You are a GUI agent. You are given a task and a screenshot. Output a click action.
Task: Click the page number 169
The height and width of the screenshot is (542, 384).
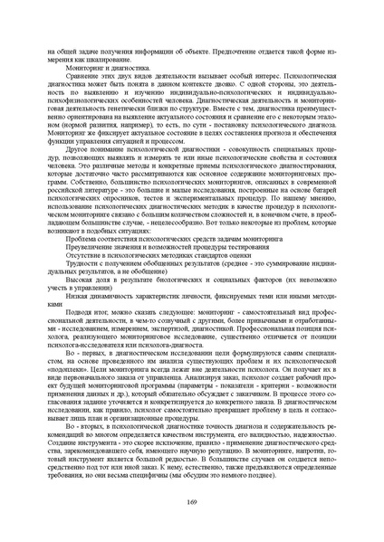pyautogui.click(x=192, y=501)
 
